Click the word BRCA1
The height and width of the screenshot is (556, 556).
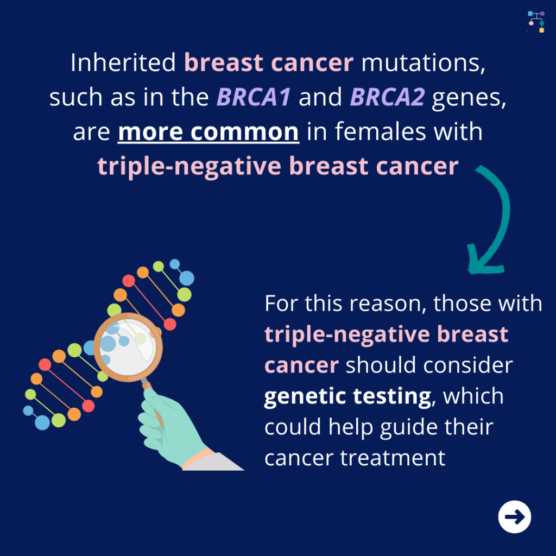(x=254, y=97)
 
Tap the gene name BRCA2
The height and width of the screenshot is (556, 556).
(x=387, y=97)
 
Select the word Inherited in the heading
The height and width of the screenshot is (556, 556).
(x=123, y=62)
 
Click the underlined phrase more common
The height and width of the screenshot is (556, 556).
(x=208, y=132)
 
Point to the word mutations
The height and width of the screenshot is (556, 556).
(x=423, y=63)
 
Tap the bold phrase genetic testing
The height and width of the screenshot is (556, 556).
(x=348, y=396)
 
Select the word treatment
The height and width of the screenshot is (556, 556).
(x=393, y=458)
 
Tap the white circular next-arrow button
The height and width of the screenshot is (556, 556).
(x=515, y=517)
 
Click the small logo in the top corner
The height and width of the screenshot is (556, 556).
(x=536, y=22)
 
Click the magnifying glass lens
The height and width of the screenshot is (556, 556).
(x=128, y=347)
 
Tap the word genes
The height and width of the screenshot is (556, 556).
(x=469, y=98)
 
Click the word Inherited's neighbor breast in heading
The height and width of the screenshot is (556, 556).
(x=224, y=62)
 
